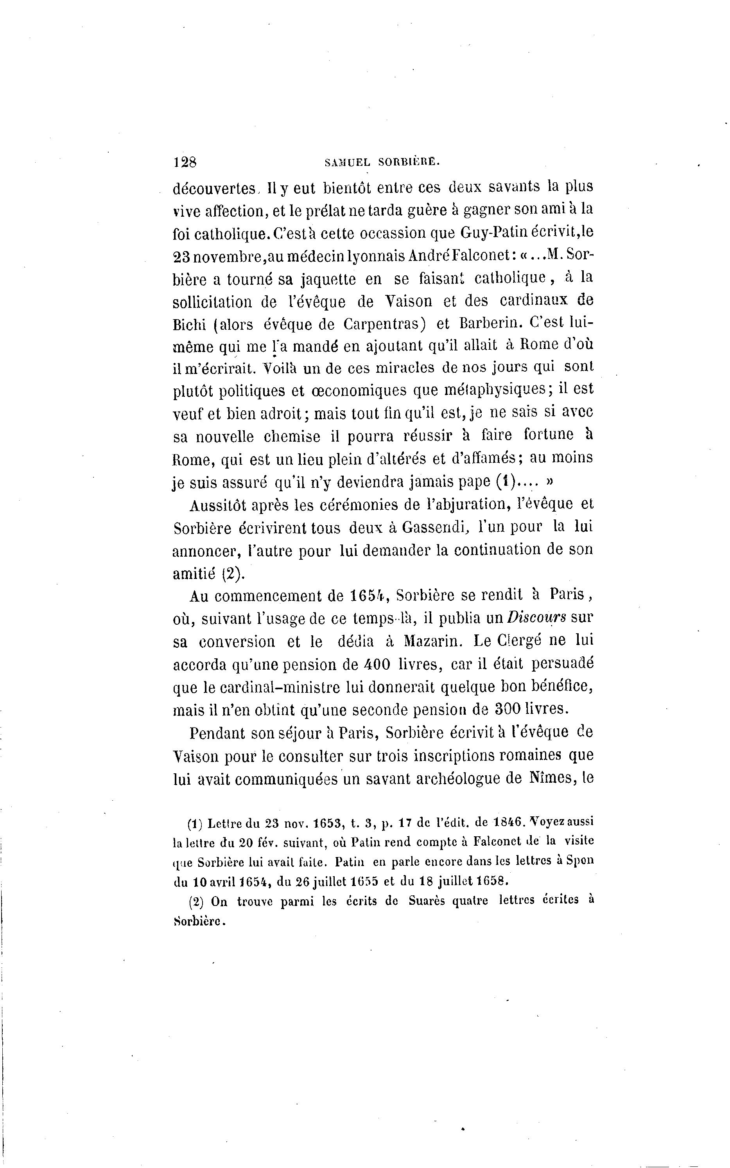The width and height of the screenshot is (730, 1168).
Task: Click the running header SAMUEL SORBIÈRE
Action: (x=382, y=163)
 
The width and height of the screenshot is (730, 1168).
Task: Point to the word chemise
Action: (x=292, y=436)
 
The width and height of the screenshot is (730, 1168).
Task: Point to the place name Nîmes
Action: (x=547, y=779)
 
